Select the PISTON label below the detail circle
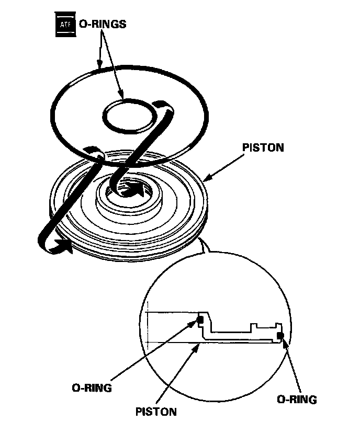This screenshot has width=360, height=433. [x=155, y=412]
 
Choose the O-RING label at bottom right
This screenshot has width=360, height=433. [x=297, y=400]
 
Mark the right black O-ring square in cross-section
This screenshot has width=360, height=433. [x=280, y=334]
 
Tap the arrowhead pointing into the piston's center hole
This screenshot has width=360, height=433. [x=137, y=188]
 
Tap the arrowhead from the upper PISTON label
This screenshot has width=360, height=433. [x=206, y=179]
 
